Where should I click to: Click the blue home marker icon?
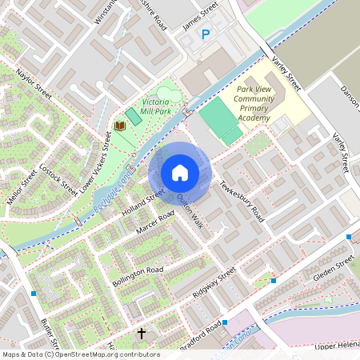[x=180, y=172]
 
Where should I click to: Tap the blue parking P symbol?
[x=206, y=34]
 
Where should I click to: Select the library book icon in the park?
[x=120, y=126]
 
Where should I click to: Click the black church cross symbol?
[x=142, y=333]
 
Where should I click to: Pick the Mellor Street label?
[x=22, y=186]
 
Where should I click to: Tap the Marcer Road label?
[x=155, y=224]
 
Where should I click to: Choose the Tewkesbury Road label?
[x=242, y=199]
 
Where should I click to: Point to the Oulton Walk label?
[x=190, y=211]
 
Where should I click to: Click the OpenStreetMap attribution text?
[x=81, y=354]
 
